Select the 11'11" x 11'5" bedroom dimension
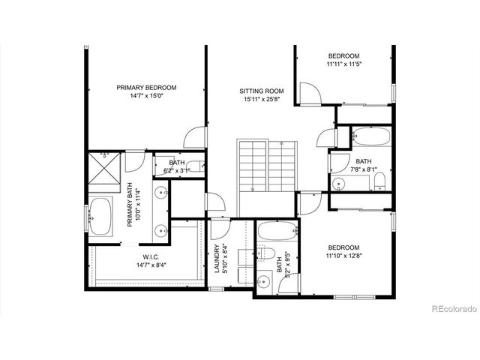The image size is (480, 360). click(x=344, y=64)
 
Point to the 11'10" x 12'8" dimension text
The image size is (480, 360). click(x=343, y=256)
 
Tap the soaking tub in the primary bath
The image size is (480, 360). click(x=101, y=218)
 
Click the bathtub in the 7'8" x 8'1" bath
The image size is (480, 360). click(x=370, y=138)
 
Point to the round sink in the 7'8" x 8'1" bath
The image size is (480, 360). click(x=339, y=182)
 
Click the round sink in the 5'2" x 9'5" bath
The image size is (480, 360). click(x=263, y=282)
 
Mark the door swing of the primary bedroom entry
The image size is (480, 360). click(x=195, y=138)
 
